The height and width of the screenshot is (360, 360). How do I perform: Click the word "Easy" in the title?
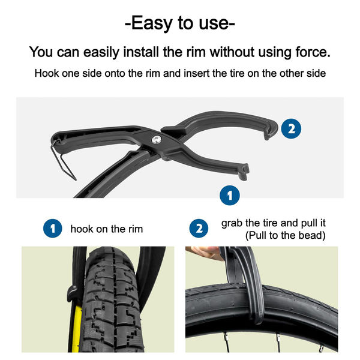[154, 24]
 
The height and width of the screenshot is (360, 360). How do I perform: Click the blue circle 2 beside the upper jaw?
[291, 128]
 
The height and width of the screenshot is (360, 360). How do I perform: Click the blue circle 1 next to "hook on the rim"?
[53, 229]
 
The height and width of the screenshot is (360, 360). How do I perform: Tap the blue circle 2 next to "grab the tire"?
[199, 229]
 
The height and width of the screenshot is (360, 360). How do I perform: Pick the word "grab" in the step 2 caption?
[233, 223]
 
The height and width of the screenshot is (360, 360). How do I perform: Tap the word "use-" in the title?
[213, 24]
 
